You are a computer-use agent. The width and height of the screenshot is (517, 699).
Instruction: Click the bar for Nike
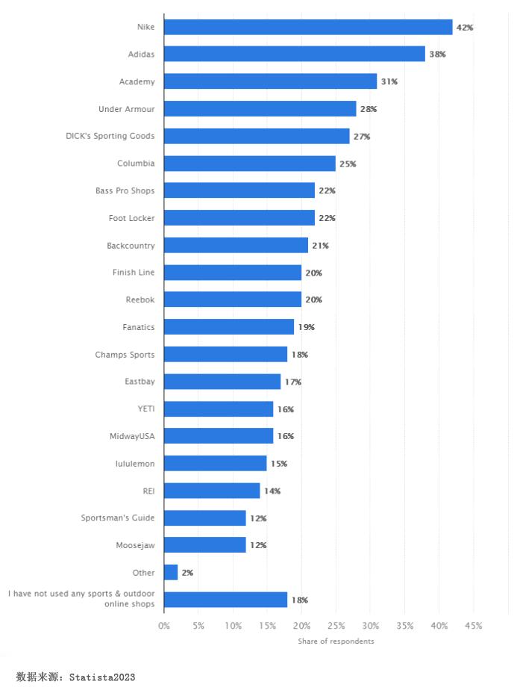coord(308,27)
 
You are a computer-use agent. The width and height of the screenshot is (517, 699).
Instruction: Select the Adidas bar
coord(295,54)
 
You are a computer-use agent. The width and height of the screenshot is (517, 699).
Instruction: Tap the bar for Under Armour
coord(260,109)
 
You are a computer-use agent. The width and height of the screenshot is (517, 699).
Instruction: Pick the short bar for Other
coord(171,573)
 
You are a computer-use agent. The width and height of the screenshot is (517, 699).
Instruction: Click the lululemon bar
coord(215,464)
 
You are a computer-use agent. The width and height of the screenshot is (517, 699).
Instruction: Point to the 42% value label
coord(465,28)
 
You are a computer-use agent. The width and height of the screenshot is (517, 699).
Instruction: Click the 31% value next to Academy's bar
coord(389,81)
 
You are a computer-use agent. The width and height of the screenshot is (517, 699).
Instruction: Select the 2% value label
coord(187,573)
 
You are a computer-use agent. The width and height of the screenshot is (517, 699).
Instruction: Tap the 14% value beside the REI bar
coord(272,491)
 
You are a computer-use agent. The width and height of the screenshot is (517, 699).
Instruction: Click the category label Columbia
coord(136,164)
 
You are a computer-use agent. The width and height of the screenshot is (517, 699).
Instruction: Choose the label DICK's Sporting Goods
coord(110,136)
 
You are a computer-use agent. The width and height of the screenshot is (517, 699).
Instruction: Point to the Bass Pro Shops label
coord(125,190)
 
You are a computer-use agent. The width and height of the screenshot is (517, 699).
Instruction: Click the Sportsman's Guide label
coord(118,518)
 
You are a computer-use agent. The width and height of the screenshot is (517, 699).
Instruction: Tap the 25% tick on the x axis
coord(336,626)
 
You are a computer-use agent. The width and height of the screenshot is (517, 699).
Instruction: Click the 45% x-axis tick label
coord(473,626)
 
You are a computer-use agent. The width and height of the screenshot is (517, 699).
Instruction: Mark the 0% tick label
coord(164,626)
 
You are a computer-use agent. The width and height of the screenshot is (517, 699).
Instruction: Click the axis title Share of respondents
coord(336,641)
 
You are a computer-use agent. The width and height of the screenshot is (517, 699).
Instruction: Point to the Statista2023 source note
coord(75,677)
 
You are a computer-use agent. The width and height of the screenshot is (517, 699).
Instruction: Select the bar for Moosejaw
coord(204,545)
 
